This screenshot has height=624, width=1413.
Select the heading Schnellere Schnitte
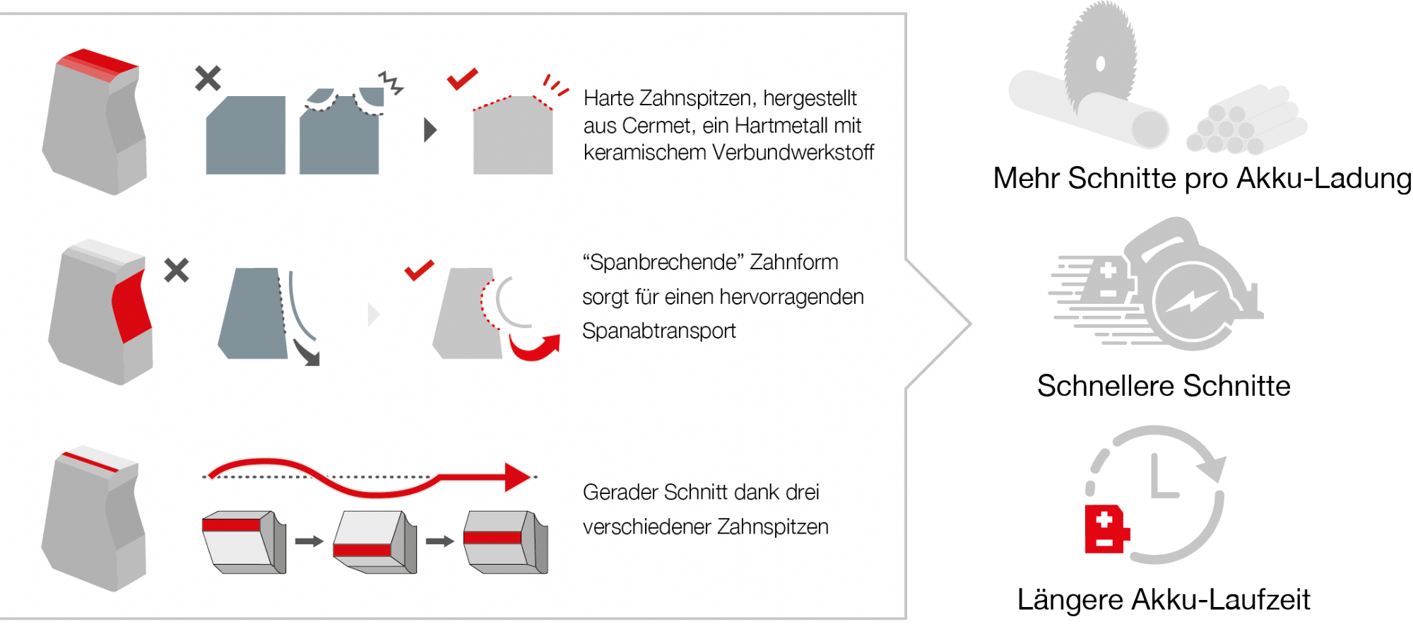coord(1164,386)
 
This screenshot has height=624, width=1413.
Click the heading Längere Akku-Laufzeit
coord(1164,599)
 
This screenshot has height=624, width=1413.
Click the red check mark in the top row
coord(462,78)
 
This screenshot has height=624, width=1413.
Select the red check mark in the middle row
coord(419,270)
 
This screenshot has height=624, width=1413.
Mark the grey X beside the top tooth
coord(208,78)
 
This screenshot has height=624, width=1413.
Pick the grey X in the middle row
coord(177,270)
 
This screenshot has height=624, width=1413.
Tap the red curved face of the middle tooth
coord(131,307)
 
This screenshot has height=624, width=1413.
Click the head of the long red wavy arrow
coord(517,477)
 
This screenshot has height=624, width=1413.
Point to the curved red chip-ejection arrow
coord(534,347)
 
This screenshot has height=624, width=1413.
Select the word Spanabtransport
coord(659,331)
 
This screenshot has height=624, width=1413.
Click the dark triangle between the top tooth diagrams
coord(430,130)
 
